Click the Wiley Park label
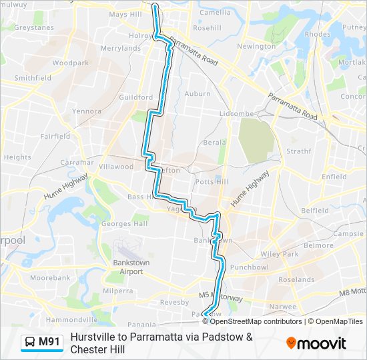[279, 254]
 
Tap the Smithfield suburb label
[33, 77]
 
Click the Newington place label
[256, 47]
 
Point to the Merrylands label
[121, 49]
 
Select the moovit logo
[316, 343]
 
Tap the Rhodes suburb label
[317, 34]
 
